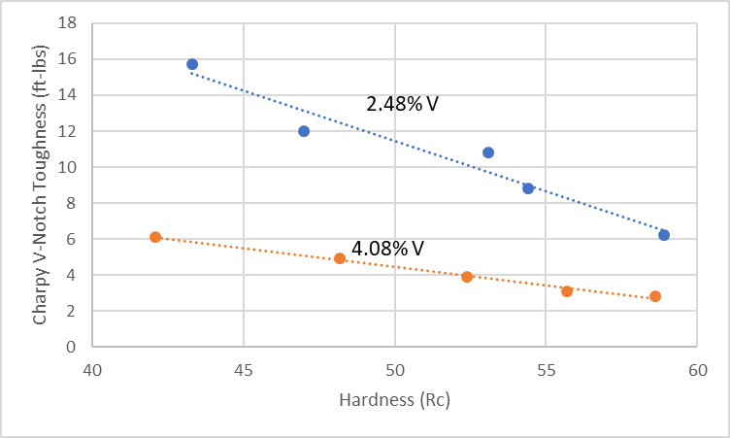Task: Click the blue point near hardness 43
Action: [192, 64]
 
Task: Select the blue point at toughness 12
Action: [304, 131]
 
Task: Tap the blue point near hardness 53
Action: [488, 152]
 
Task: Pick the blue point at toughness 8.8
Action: [528, 188]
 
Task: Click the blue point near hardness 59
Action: [664, 235]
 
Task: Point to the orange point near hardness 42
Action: [155, 237]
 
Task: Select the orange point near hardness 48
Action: [340, 258]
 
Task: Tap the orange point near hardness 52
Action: [467, 277]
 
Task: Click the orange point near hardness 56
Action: [567, 291]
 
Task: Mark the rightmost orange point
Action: [655, 296]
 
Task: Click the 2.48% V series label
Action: [402, 103]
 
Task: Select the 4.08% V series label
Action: [388, 249]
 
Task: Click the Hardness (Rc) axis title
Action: [394, 400]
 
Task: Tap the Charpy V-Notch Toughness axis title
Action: [41, 185]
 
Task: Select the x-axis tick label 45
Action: [244, 370]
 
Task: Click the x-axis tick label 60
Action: [697, 370]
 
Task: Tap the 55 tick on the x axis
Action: [546, 370]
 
